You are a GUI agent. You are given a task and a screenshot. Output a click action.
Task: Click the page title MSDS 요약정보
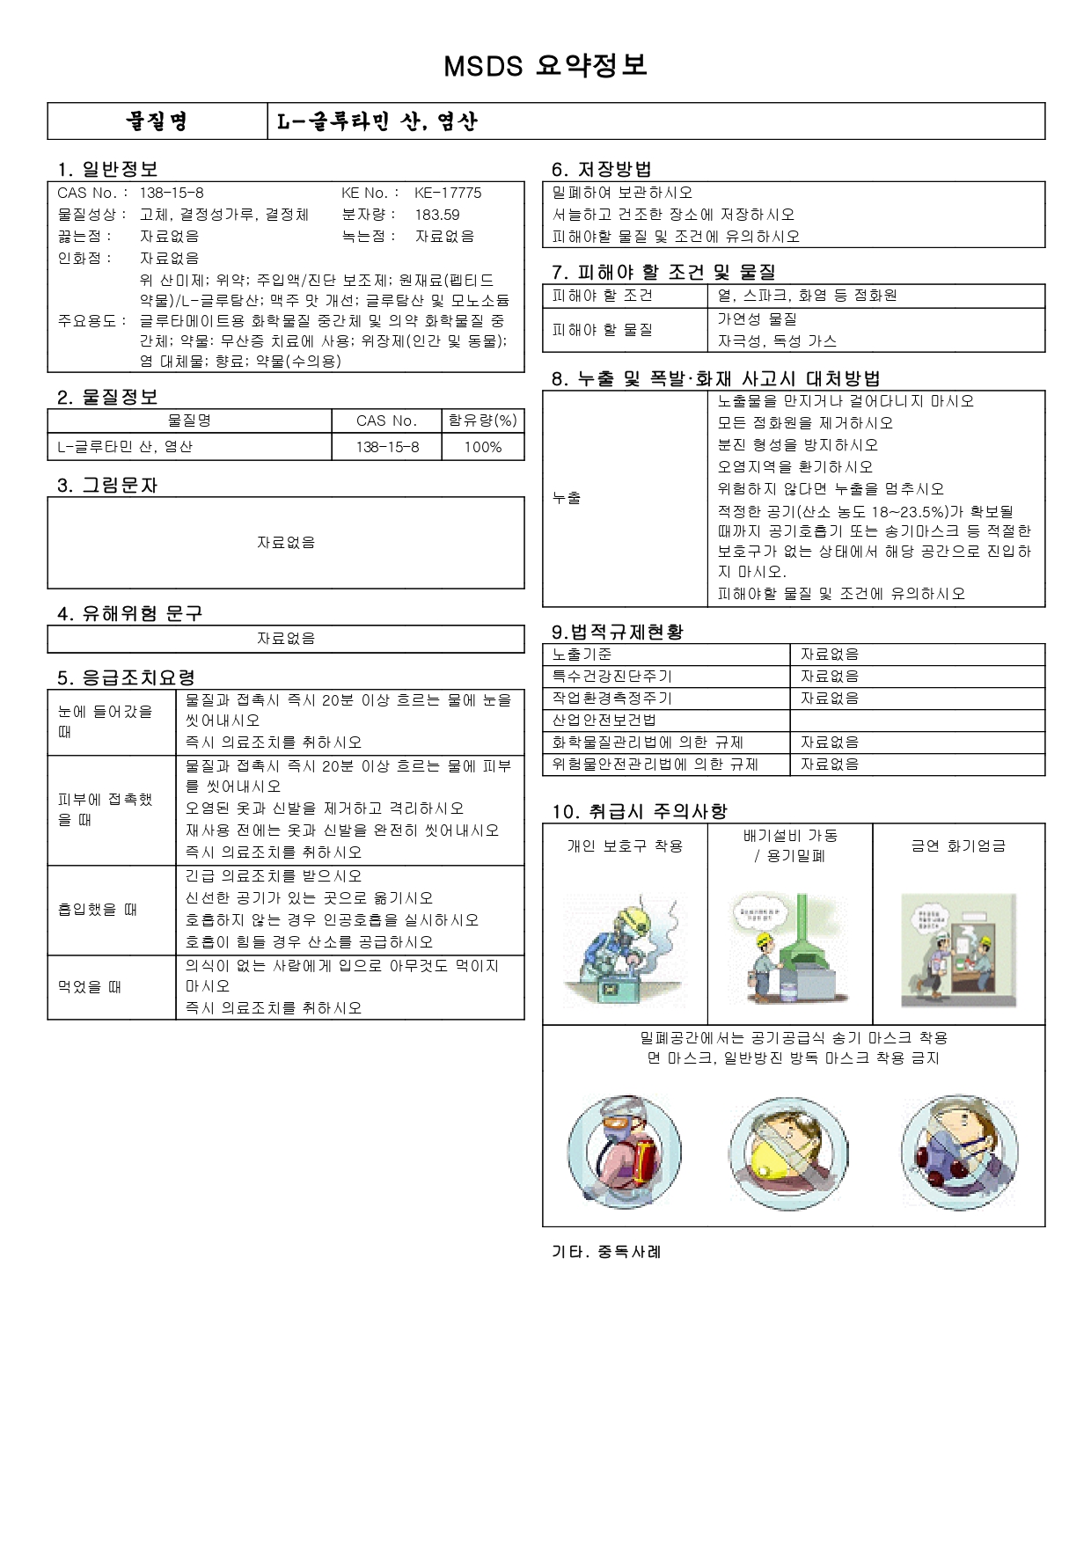click(545, 65)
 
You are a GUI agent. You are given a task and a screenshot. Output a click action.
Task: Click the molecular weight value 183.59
click(437, 215)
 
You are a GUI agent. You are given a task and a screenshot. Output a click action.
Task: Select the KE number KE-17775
click(448, 193)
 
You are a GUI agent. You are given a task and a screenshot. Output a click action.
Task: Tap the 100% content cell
click(482, 447)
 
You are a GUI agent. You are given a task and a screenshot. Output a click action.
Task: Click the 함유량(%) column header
click(482, 421)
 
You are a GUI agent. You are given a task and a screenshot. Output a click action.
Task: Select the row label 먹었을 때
click(90, 987)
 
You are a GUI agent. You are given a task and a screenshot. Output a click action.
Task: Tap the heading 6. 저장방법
click(601, 169)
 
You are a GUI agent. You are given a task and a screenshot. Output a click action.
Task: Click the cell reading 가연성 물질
click(757, 318)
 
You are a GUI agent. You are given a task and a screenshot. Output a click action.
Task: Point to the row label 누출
click(567, 498)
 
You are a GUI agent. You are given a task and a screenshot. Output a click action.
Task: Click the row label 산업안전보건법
click(604, 720)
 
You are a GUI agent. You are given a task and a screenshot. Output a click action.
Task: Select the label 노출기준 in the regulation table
click(582, 655)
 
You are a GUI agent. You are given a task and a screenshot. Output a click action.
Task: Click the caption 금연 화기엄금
click(958, 845)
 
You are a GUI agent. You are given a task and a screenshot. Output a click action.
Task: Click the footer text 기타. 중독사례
click(606, 1251)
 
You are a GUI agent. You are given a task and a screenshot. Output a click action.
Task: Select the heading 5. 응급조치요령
click(126, 677)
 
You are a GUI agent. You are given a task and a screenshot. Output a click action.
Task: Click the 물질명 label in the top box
click(157, 121)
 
